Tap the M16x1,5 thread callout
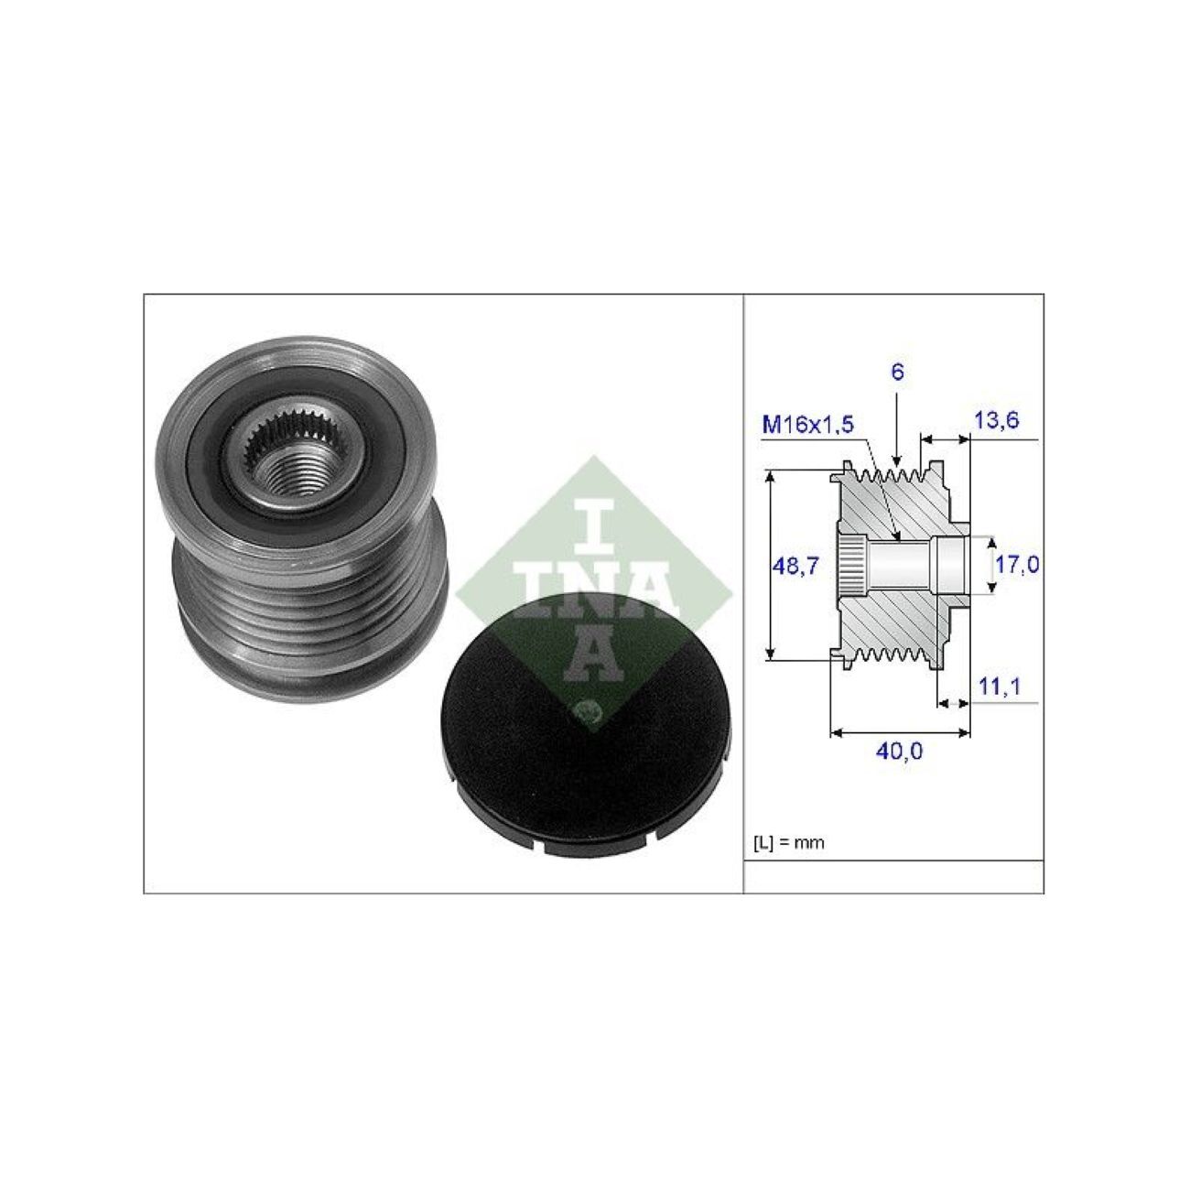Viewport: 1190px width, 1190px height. click(807, 425)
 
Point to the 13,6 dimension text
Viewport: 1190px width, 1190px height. click(995, 420)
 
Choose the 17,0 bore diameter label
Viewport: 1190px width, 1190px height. click(1017, 564)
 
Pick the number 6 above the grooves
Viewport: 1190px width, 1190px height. click(898, 373)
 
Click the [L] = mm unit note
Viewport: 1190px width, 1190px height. click(788, 843)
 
